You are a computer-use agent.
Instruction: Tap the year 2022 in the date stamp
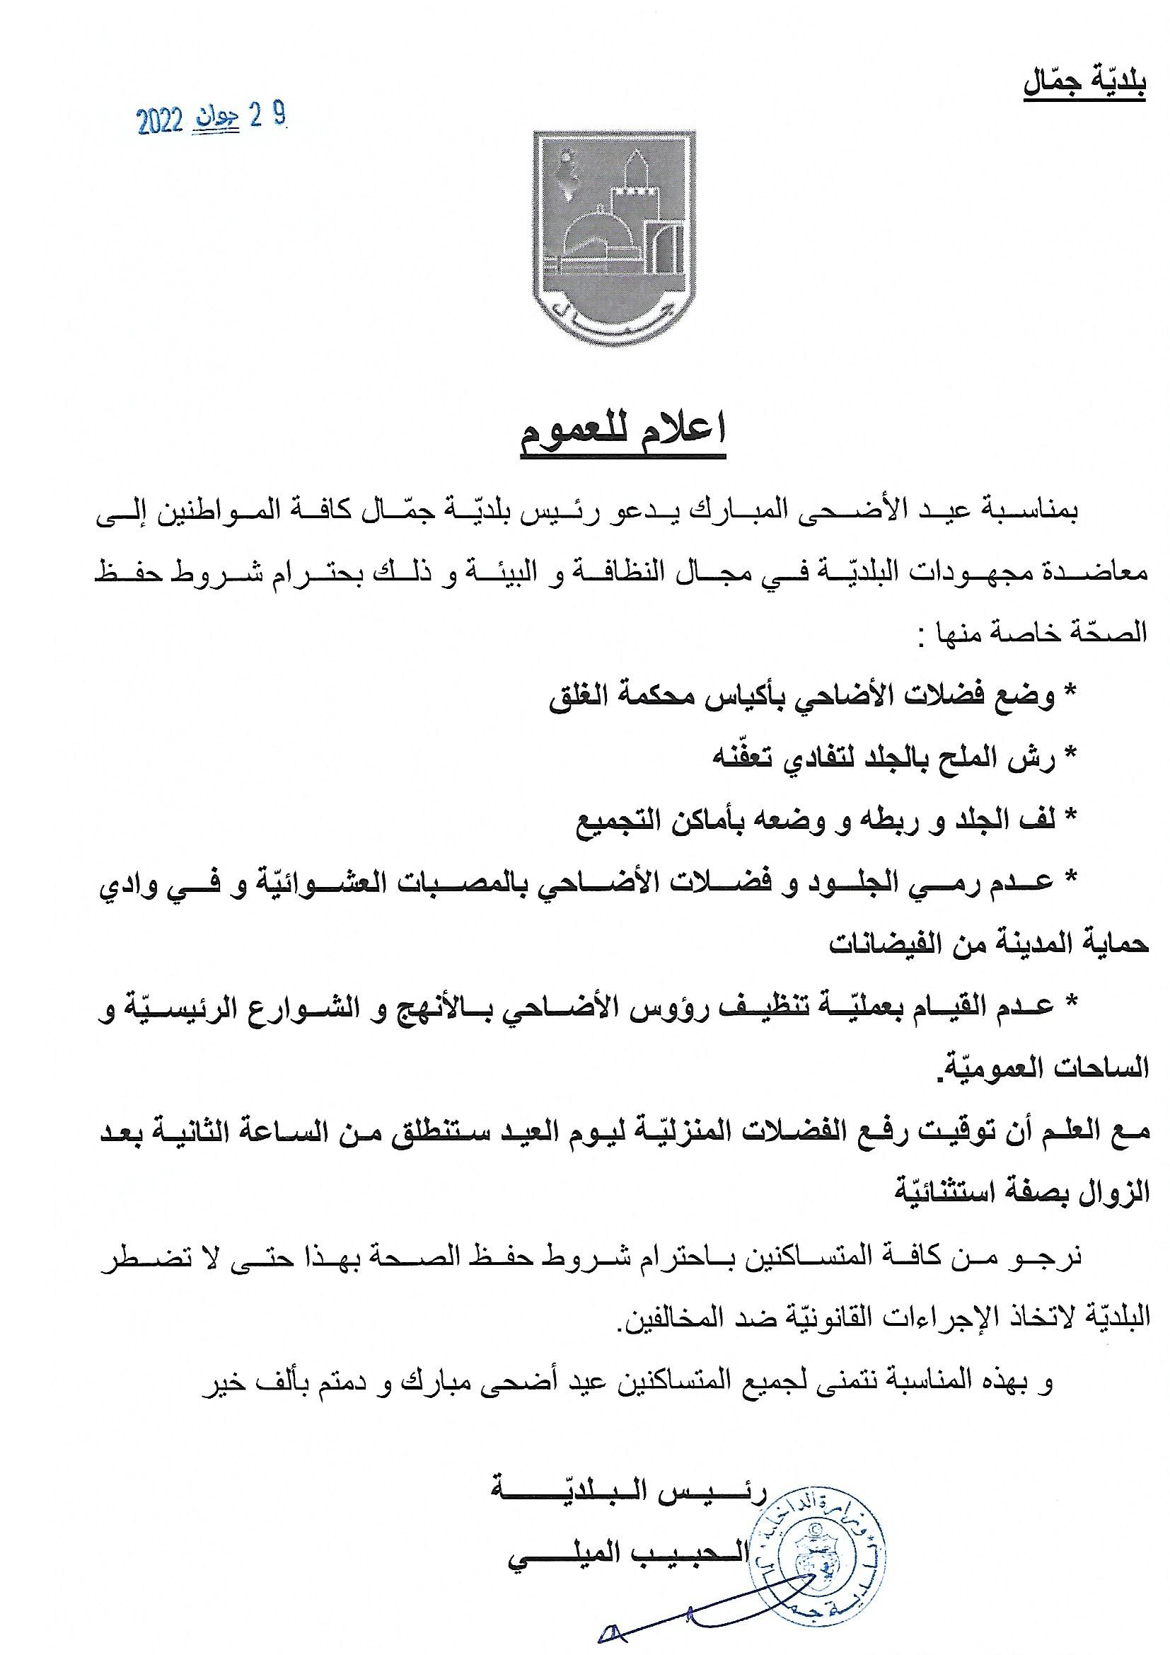[x=161, y=122]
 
